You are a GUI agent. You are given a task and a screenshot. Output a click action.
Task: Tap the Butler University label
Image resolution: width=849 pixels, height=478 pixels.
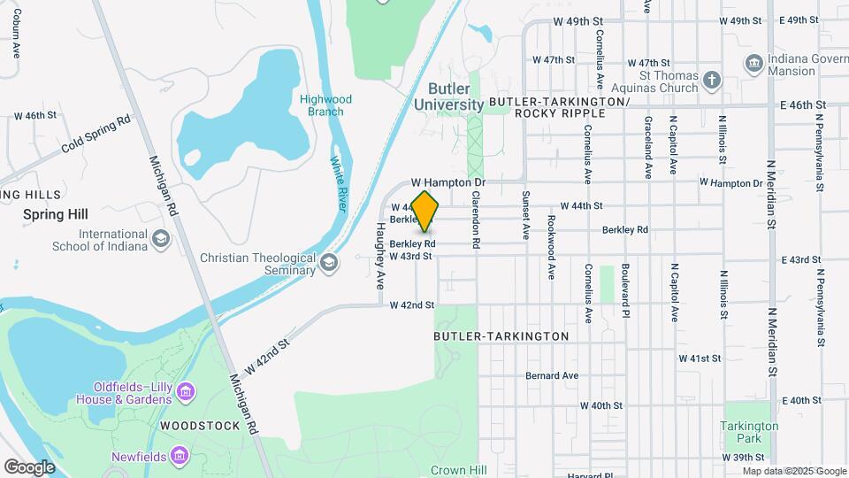click(x=449, y=96)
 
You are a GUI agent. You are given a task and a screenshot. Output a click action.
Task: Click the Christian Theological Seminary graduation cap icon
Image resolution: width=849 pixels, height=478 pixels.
click(x=329, y=262)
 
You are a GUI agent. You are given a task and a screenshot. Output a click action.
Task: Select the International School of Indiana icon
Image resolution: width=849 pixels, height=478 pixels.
click(x=160, y=239)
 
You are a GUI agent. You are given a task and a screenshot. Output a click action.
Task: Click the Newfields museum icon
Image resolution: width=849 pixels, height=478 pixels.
click(x=180, y=456)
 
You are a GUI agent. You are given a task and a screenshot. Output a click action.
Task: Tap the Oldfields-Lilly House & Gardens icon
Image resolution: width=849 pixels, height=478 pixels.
click(x=186, y=391)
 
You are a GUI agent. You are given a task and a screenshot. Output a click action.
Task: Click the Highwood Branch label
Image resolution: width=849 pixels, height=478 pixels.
click(x=325, y=105)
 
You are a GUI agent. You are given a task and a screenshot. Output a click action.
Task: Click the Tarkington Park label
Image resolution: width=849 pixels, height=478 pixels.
click(x=749, y=432)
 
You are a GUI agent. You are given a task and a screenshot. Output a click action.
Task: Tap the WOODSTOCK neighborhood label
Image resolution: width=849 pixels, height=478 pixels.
click(x=200, y=426)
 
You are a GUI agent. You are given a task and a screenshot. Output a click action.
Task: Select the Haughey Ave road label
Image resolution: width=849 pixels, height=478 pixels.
click(x=380, y=256)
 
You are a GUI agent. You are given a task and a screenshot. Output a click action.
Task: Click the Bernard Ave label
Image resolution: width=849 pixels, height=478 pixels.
click(x=551, y=375)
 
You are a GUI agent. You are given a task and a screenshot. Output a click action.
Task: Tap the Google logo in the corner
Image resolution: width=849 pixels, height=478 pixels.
click(x=29, y=466)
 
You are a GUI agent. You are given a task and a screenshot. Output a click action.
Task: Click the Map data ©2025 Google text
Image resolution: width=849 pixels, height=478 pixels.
click(x=793, y=471)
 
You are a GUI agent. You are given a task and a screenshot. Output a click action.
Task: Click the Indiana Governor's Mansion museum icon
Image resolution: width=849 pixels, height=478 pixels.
click(x=754, y=63)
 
